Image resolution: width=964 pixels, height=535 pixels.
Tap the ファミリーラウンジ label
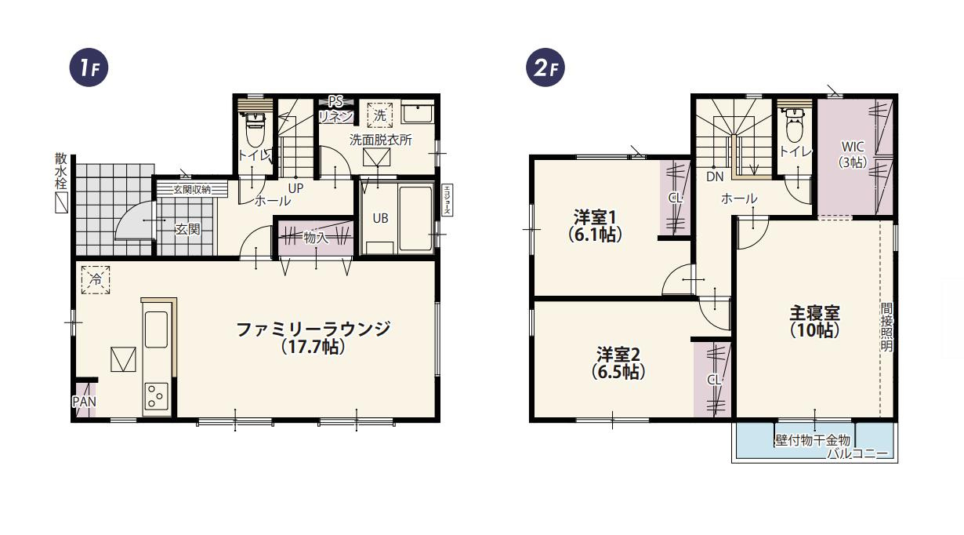pyautogui.click(x=313, y=338)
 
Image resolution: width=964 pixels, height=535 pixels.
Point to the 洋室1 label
pyautogui.click(x=596, y=224)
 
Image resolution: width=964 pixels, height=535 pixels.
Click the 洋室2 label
pyautogui.click(x=618, y=362)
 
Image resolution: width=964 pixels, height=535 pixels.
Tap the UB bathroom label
pyautogui.click(x=380, y=219)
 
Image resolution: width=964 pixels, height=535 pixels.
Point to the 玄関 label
pyautogui.click(x=187, y=229)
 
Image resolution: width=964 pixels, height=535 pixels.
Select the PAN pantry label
pyautogui.click(x=84, y=402)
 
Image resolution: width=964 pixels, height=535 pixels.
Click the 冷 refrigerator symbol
pyautogui.click(x=96, y=279)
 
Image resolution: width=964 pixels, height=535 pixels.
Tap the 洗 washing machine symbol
pyautogui.click(x=380, y=115)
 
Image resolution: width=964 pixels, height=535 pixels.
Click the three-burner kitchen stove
pyautogui.click(x=155, y=397)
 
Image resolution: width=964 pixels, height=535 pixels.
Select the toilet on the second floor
pyautogui.click(x=793, y=126)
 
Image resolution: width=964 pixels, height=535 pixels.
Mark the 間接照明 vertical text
pyautogui.click(x=886, y=326)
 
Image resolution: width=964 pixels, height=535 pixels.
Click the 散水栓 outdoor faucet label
pyautogui.click(x=60, y=171)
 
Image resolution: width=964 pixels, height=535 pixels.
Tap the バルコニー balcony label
pyautogui.click(x=862, y=454)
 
